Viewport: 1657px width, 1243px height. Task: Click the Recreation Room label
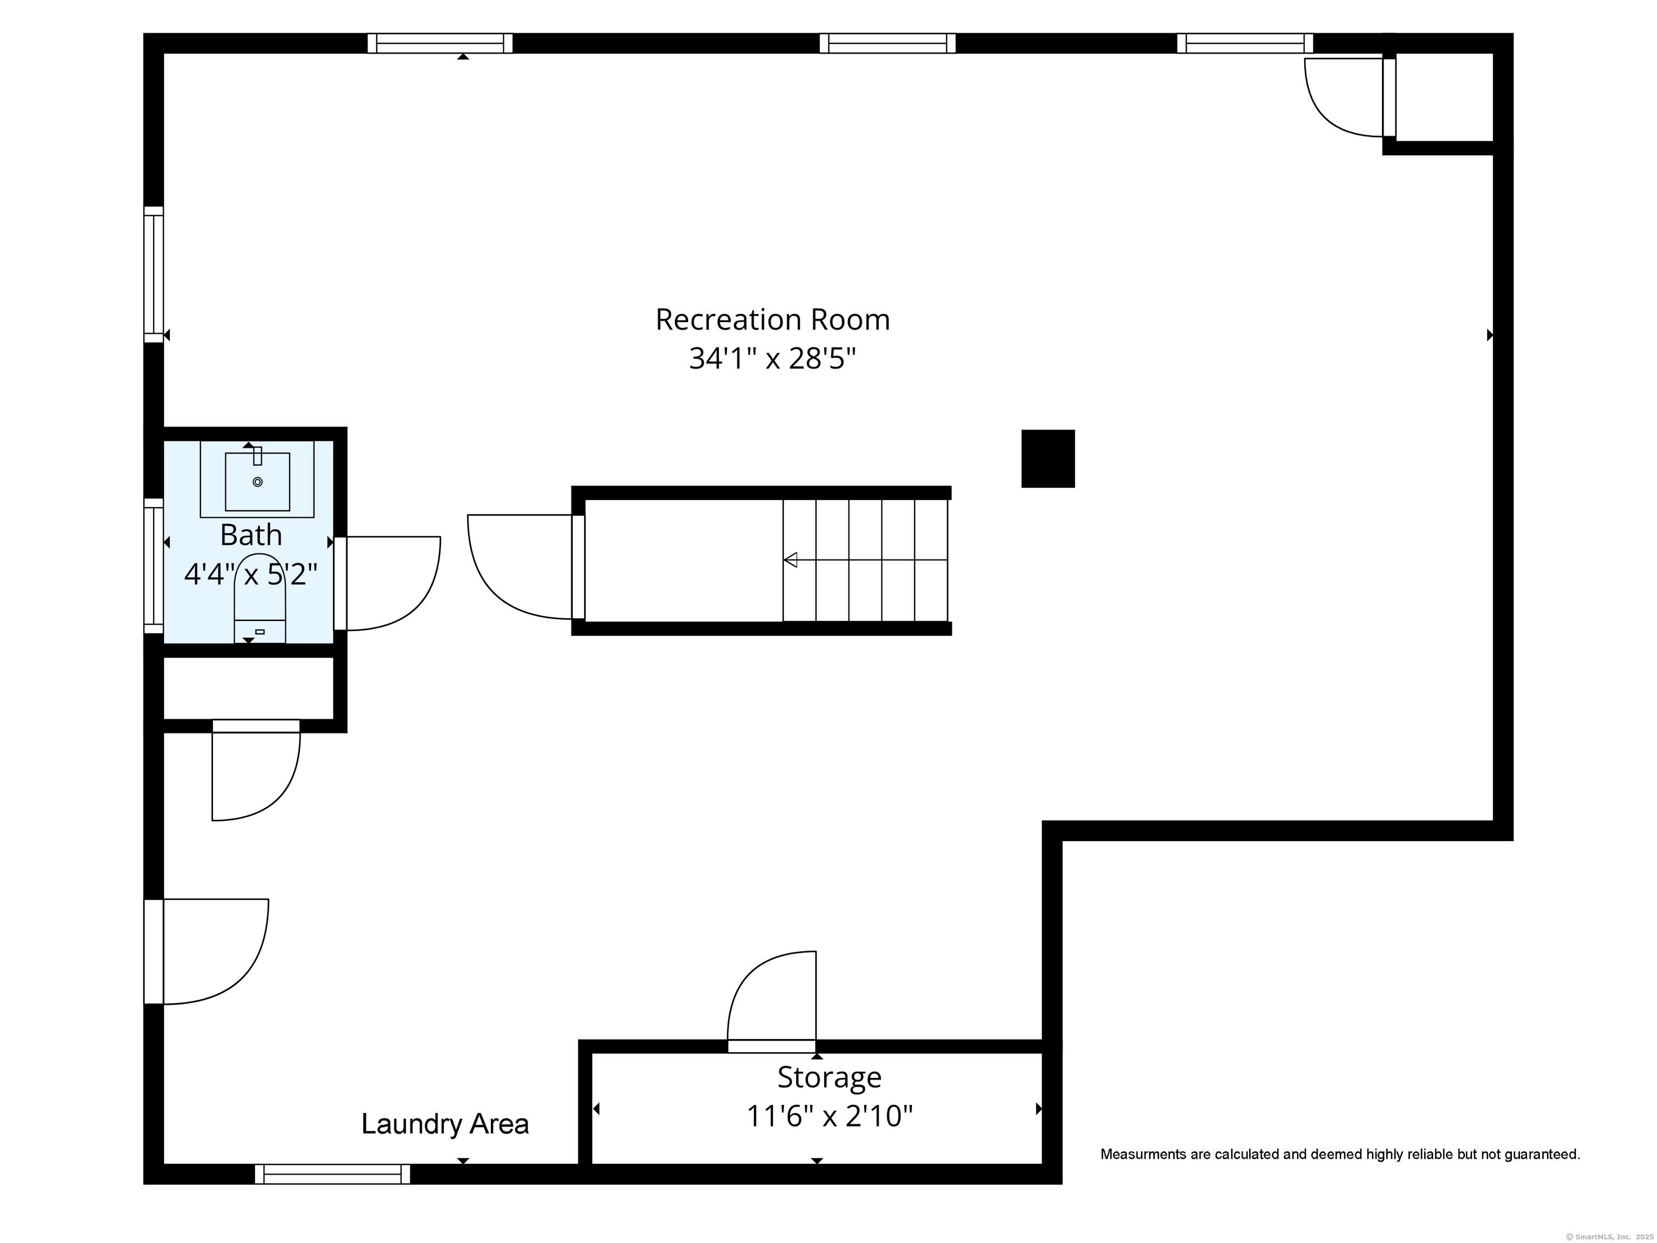pos(772,320)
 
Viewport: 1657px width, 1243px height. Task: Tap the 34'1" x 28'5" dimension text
pos(772,359)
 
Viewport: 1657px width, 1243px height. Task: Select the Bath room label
pos(251,535)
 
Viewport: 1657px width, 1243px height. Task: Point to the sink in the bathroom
pos(257,480)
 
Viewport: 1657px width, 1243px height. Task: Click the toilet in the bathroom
pos(260,598)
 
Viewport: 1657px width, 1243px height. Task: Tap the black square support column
pos(1048,459)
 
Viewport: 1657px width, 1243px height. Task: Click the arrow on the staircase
pos(865,559)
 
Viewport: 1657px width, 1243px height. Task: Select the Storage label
pos(829,1077)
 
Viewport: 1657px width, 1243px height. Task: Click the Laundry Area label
pos(445,1124)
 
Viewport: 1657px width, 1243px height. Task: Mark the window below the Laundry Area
pos(333,1174)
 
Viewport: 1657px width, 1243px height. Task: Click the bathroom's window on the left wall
pos(154,566)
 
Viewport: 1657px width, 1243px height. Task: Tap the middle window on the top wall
pos(888,44)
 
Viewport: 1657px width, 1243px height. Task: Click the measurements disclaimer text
pos(1340,1155)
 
